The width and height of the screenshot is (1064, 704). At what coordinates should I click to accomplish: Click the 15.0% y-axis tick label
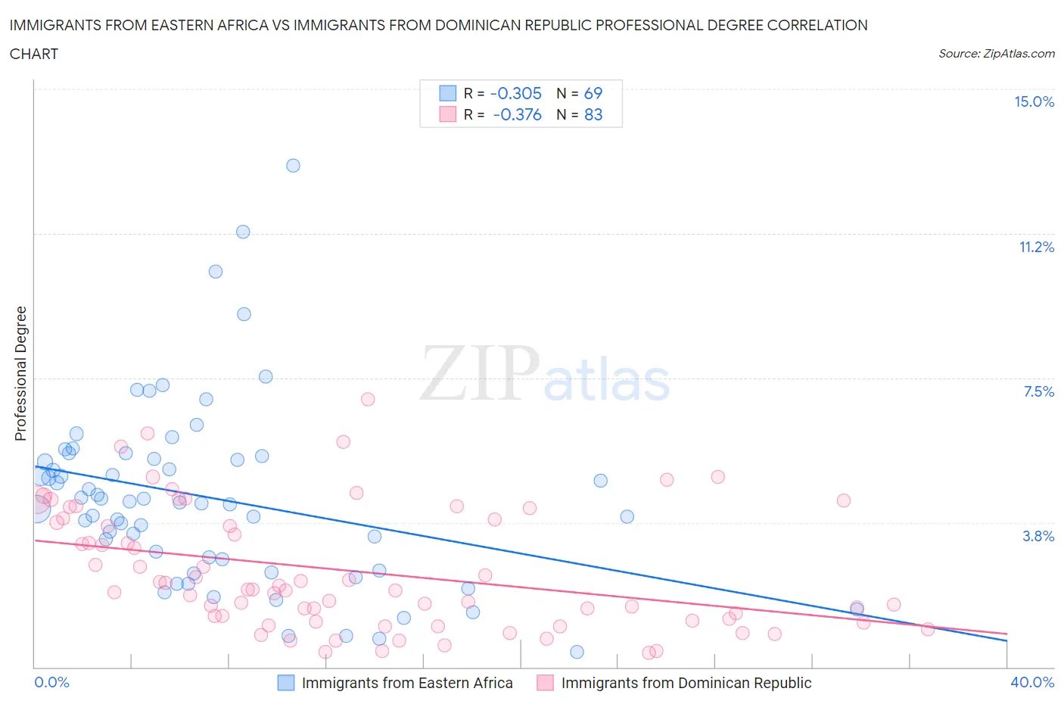tap(1034, 102)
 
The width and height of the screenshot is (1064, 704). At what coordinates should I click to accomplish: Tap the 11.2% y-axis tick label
tap(1036, 247)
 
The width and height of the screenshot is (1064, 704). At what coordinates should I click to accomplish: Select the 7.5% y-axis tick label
tap(1038, 391)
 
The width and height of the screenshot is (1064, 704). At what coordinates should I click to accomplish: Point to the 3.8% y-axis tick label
tap(1038, 536)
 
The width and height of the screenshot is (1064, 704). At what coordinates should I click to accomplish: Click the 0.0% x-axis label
tap(51, 682)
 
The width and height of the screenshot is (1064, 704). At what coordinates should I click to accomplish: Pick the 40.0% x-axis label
tap(1032, 682)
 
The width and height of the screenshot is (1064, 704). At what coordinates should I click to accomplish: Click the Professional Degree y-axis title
tap(20, 373)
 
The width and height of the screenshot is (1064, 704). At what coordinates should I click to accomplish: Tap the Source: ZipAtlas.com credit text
tap(996, 54)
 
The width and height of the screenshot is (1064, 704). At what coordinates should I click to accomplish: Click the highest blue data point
tap(293, 166)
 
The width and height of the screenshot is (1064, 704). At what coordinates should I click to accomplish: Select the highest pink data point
tap(368, 399)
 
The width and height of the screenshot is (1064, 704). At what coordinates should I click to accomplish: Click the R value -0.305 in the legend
tap(516, 94)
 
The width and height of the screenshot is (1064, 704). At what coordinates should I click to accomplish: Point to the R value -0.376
tap(518, 115)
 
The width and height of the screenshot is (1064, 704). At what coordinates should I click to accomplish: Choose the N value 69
tap(593, 94)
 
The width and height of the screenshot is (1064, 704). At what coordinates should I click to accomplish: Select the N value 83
tap(593, 115)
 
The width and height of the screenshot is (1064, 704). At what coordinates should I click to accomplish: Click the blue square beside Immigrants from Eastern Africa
tap(286, 683)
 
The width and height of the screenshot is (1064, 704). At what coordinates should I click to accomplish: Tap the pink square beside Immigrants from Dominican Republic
tap(545, 683)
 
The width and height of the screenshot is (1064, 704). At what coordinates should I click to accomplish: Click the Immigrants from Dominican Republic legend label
tap(686, 683)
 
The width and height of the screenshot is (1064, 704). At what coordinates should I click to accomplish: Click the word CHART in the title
tap(34, 54)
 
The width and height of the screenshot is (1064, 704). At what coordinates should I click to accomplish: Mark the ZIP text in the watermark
tap(480, 373)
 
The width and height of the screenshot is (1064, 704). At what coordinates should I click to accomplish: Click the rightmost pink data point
tap(927, 629)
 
